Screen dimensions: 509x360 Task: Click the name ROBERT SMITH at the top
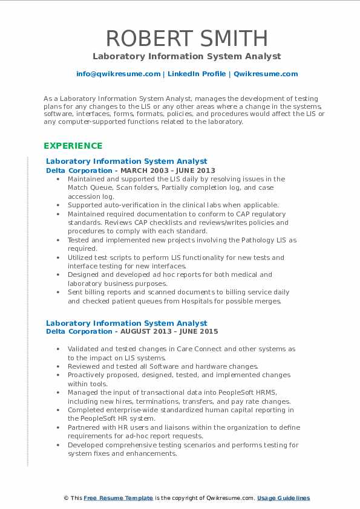186,38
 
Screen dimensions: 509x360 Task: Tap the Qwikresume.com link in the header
266,74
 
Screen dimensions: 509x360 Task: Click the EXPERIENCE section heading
73,146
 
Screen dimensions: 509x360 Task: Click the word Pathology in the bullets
243,240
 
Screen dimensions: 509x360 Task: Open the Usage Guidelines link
283,498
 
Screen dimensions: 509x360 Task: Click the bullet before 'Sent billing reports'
57,293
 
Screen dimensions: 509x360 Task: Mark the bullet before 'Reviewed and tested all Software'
57,366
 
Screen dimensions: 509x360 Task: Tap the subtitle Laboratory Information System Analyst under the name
186,56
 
